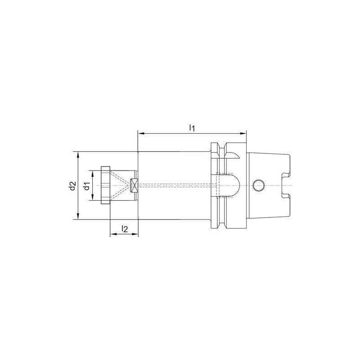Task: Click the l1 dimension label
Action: pos(191,128)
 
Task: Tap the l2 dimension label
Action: pos(124,229)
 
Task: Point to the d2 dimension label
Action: pos(72,185)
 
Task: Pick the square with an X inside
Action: pos(134,185)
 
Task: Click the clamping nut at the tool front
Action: pos(105,185)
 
